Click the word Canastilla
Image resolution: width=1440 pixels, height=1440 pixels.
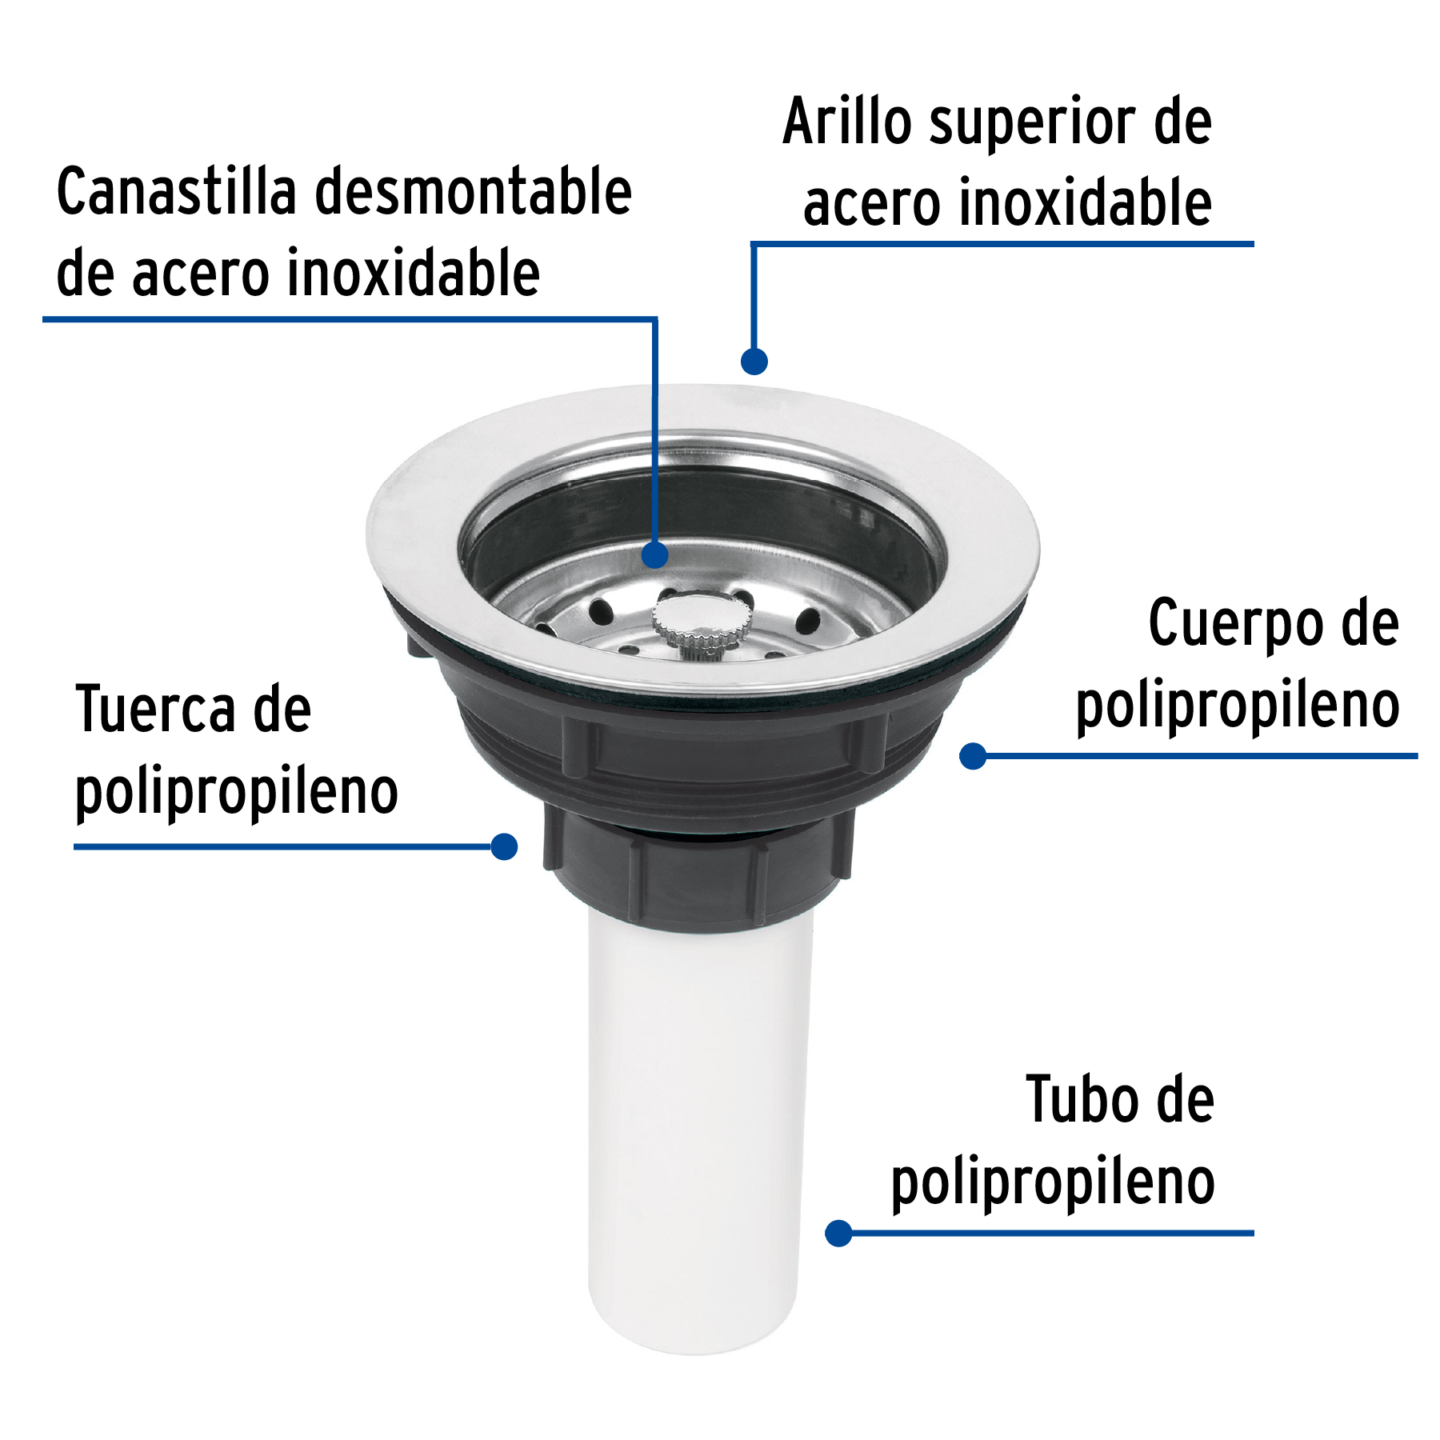click(176, 192)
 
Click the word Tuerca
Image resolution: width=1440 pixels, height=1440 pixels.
click(156, 709)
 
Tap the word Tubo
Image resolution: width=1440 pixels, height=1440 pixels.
click(1081, 1100)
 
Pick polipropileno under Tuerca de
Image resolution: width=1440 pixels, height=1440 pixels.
click(236, 792)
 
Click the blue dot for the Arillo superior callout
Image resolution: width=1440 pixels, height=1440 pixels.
click(754, 361)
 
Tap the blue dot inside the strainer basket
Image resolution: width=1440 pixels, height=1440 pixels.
click(655, 554)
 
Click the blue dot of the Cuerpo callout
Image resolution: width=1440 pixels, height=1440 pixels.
click(973, 756)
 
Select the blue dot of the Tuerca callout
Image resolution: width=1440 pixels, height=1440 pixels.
click(504, 846)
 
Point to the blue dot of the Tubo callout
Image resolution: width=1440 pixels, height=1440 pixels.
click(838, 1233)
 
